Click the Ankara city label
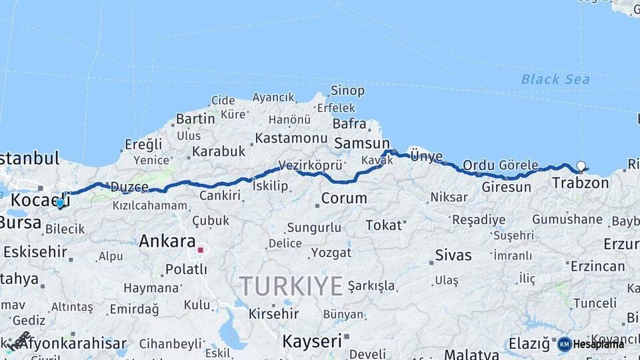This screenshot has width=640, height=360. point(167,242)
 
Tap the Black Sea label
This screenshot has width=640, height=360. point(555,79)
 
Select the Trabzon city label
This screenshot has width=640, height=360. point(581,182)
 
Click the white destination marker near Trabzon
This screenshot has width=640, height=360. point(581,166)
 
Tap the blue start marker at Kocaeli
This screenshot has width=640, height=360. point(60,203)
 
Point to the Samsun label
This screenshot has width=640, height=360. point(362,143)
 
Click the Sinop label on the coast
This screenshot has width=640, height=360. point(348,91)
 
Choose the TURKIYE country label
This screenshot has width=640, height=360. point(291,286)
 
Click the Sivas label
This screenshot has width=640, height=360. point(453,255)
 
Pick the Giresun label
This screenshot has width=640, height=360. point(506,187)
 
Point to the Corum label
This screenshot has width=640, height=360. point(344,198)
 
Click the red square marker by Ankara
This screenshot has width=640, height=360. point(200,250)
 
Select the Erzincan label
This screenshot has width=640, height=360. point(597,266)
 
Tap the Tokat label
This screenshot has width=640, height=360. point(383,225)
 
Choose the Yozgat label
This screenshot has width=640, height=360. point(330,253)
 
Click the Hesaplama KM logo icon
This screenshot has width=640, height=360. point(564,344)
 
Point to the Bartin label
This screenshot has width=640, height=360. point(195,120)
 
